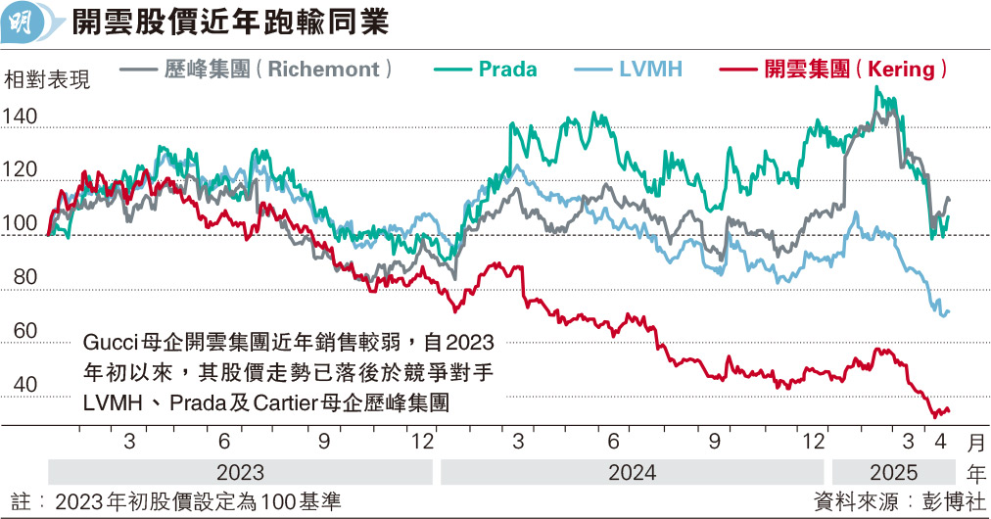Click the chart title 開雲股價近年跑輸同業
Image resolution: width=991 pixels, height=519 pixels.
pos(231,23)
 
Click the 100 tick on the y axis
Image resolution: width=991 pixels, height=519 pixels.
pos(21,225)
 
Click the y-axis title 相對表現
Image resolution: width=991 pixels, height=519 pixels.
pos(47,80)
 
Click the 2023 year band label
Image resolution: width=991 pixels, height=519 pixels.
pos(239,471)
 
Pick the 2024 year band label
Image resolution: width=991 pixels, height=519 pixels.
pos(632,471)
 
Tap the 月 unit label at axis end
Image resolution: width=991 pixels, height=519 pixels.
pos(975,442)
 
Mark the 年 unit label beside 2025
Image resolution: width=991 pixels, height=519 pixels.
pos(975,471)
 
